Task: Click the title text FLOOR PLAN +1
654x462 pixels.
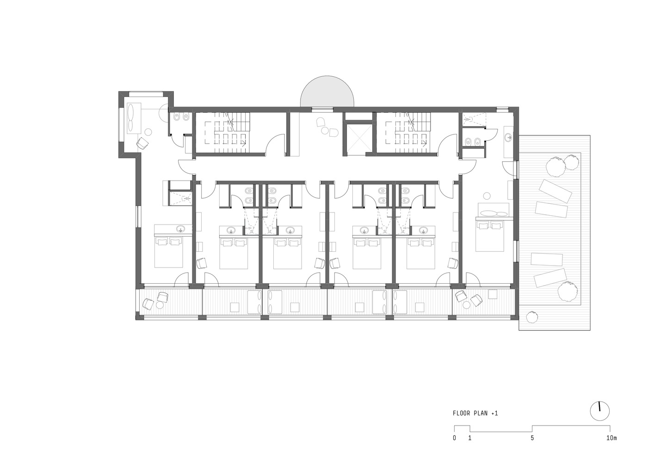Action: (x=475, y=413)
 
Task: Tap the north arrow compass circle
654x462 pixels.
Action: (x=600, y=411)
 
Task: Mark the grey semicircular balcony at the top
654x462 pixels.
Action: (x=327, y=91)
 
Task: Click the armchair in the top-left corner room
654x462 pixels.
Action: (x=143, y=143)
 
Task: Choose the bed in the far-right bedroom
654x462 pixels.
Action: (x=490, y=236)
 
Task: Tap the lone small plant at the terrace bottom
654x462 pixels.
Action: (x=532, y=316)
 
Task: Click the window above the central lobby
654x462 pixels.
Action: (x=322, y=109)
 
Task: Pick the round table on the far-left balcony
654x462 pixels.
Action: (x=160, y=305)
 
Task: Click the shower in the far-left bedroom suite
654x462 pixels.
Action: (x=180, y=198)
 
